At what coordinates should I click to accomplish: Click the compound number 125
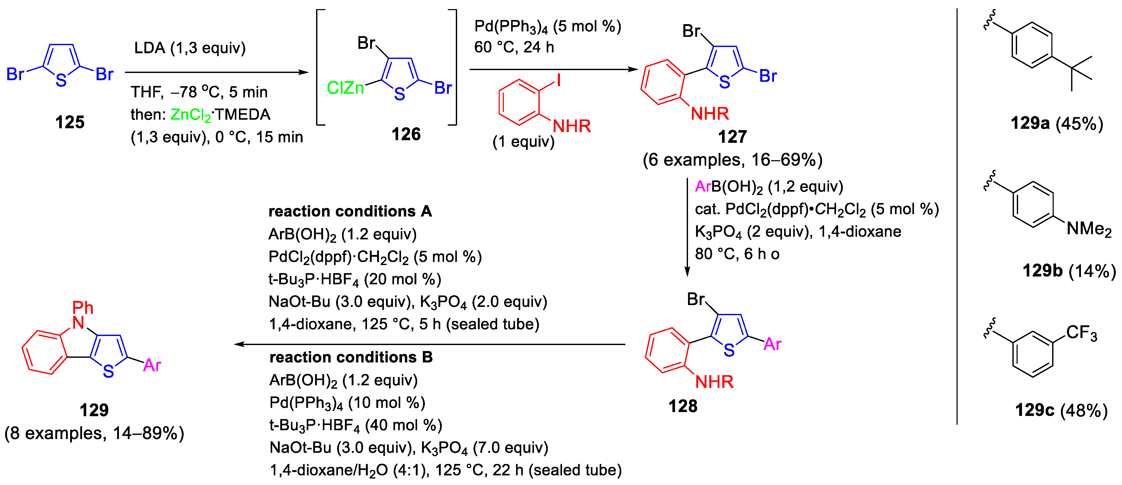pyautogui.click(x=70, y=122)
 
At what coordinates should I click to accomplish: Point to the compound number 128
pyautogui.click(x=683, y=406)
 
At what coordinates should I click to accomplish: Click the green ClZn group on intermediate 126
pyautogui.click(x=345, y=88)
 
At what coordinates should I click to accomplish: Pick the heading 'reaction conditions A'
pyautogui.click(x=350, y=212)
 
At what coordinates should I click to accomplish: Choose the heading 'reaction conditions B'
pyautogui.click(x=351, y=358)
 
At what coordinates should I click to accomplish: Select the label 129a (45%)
pyautogui.click(x=1057, y=124)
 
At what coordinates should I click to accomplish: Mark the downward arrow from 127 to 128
pyautogui.click(x=687, y=226)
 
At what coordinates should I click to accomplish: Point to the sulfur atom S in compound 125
pyautogui.click(x=61, y=80)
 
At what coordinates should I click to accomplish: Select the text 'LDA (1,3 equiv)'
pyautogui.click(x=190, y=48)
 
